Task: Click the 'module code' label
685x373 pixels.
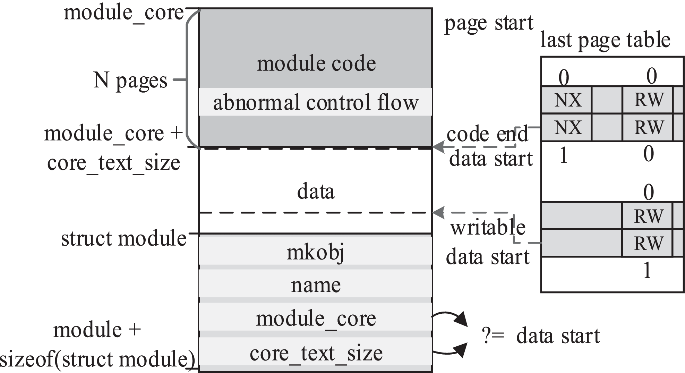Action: [x=316, y=63]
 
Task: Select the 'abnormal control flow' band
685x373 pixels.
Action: [x=315, y=102]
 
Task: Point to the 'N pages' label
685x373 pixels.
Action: [x=130, y=80]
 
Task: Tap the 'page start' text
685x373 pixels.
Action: [x=488, y=23]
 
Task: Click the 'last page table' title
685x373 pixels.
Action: [x=605, y=40]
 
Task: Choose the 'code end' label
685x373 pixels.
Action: [x=487, y=134]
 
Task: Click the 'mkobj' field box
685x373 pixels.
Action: [x=315, y=252]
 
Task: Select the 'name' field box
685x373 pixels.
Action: [x=315, y=285]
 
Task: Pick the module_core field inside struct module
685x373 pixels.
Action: [x=315, y=318]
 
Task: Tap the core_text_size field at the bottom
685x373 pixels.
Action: [x=315, y=353]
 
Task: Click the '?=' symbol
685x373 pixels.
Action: [x=493, y=336]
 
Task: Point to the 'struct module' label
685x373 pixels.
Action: [x=124, y=238]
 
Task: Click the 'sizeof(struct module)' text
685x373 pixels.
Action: [x=97, y=359]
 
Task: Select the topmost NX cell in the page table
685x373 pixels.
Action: [x=567, y=100]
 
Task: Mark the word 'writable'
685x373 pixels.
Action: [x=487, y=228]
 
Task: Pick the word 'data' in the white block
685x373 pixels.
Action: [x=315, y=192]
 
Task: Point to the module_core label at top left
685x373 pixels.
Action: [x=124, y=13]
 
